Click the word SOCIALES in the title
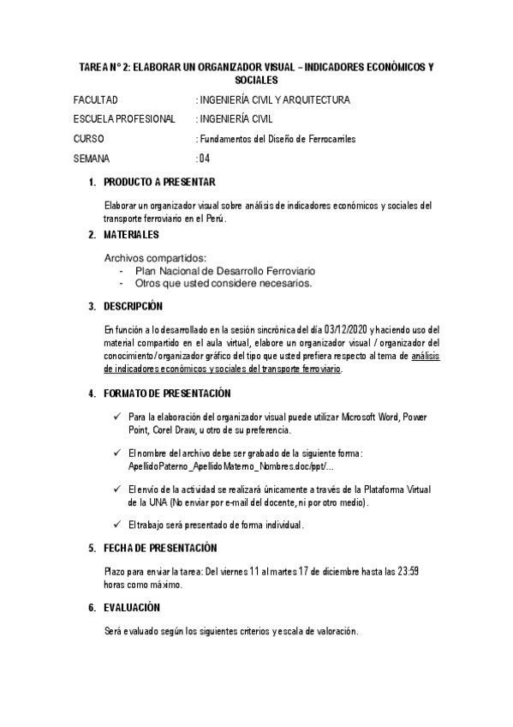[x=257, y=79]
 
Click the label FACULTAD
[x=96, y=100]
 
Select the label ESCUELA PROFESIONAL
[x=125, y=119]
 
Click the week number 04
[x=204, y=159]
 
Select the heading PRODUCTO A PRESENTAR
[x=159, y=182]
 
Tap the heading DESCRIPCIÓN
[x=133, y=306]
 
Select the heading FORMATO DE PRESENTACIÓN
[x=167, y=394]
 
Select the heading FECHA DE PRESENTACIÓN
[x=160, y=548]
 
